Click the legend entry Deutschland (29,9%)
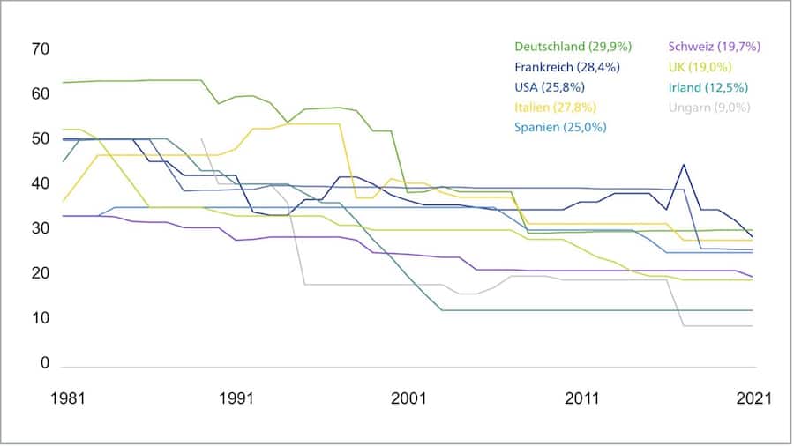point(573,47)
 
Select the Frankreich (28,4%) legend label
point(566,67)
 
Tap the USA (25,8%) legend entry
point(549,86)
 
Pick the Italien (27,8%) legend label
point(555,107)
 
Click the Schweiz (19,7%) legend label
point(715,47)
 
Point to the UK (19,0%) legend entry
point(702,67)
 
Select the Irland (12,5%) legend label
point(709,86)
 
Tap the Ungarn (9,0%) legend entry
point(709,107)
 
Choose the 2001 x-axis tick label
point(409,398)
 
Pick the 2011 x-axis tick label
point(581,398)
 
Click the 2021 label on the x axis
point(753,398)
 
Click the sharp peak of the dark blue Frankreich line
point(684,164)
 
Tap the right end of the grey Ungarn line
point(753,326)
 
